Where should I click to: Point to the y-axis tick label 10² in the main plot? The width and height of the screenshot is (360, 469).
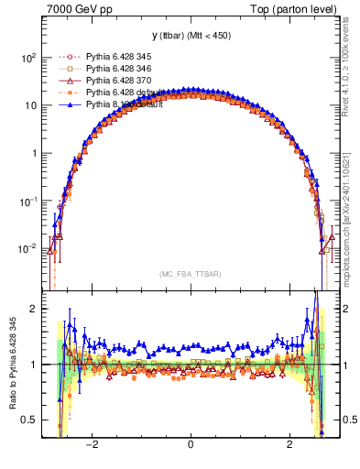pos(29,57)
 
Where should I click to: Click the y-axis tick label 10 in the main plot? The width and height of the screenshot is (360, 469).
pos(31,105)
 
